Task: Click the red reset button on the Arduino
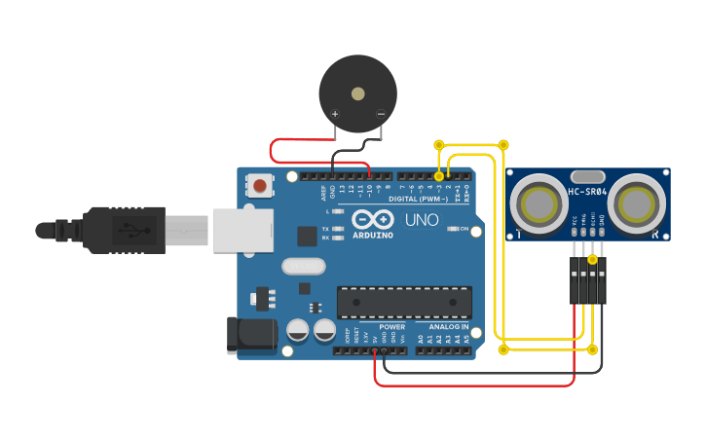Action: click(260, 185)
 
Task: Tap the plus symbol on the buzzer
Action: click(335, 114)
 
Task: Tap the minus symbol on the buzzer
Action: click(380, 114)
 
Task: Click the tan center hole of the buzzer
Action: click(358, 94)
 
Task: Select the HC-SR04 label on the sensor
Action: click(587, 192)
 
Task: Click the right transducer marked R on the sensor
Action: click(637, 203)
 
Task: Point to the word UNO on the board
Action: click(422, 219)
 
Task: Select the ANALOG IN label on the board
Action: click(443, 327)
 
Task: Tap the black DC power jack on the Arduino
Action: click(245, 334)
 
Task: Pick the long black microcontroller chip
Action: click(404, 302)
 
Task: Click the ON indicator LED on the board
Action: click(453, 229)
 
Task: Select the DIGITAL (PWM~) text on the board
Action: click(419, 199)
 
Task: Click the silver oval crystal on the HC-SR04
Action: click(587, 176)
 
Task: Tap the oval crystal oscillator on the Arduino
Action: click(301, 266)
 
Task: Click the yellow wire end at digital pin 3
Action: click(439, 176)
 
